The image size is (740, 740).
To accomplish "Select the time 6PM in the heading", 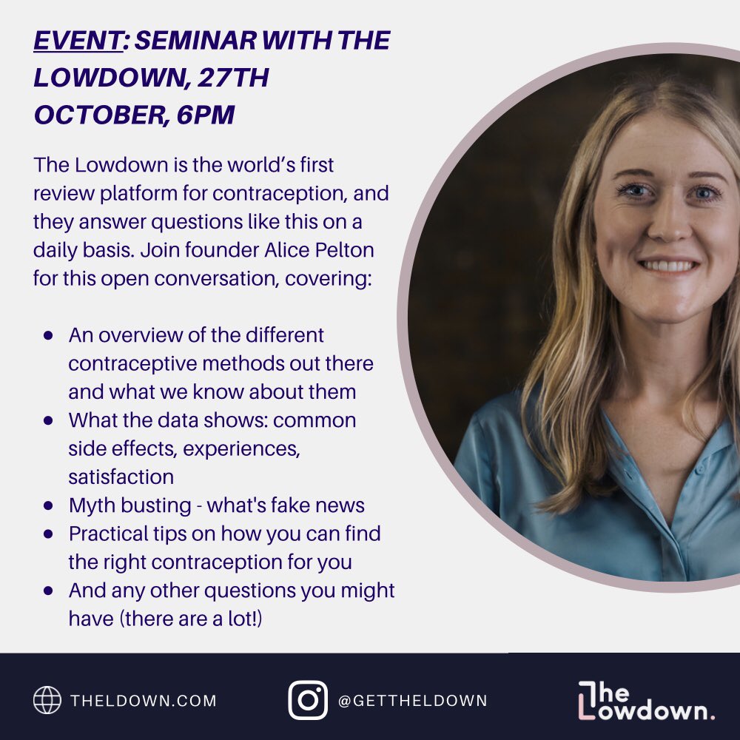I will click(205, 115).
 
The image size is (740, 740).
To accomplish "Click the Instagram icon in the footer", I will click(308, 700).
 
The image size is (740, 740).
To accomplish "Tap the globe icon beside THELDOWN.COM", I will click(47, 700).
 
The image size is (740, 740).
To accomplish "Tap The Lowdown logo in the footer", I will click(646, 700).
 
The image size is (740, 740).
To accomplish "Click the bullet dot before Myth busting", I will click(49, 505).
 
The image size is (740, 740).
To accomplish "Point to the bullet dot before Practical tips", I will click(49, 534).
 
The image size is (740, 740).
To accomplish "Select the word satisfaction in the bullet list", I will click(121, 476).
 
